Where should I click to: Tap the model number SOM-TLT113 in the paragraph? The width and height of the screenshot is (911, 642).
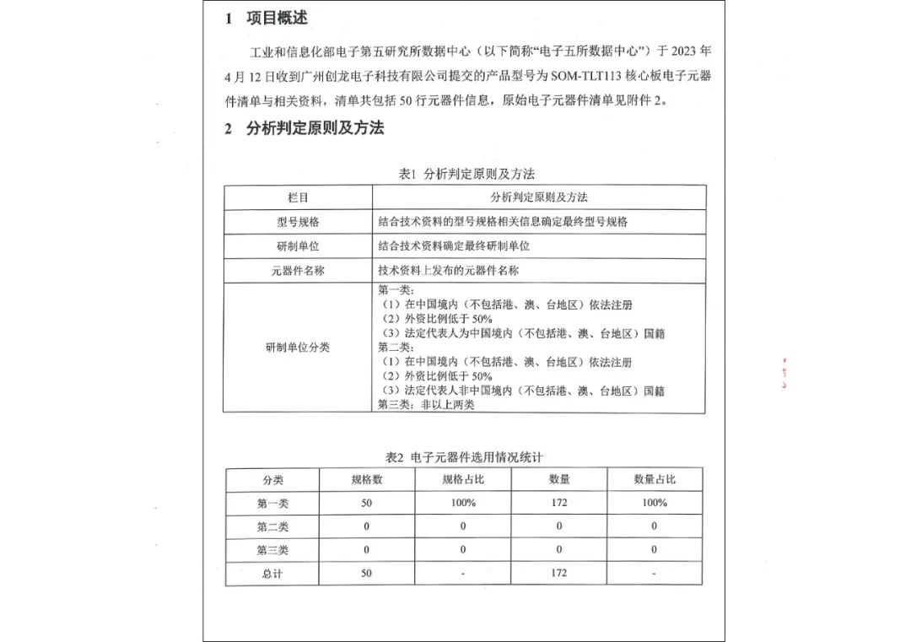pyautogui.click(x=586, y=76)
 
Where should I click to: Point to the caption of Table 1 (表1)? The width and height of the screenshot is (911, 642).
pyautogui.click(x=466, y=174)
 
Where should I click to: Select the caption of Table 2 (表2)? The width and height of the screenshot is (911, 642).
pyautogui.click(x=464, y=456)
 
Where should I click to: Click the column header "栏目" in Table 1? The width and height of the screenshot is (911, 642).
pyautogui.click(x=298, y=197)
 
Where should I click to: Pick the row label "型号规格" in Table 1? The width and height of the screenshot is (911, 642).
pyautogui.click(x=298, y=222)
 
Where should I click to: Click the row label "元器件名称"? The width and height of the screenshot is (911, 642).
pyautogui.click(x=298, y=271)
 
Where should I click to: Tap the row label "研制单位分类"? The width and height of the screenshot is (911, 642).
pyautogui.click(x=298, y=348)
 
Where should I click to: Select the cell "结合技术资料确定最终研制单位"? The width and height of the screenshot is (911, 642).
pyautogui.click(x=454, y=246)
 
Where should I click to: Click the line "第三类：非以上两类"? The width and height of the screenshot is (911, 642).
pyautogui.click(x=427, y=405)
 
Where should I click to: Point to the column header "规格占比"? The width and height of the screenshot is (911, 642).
pyautogui.click(x=463, y=479)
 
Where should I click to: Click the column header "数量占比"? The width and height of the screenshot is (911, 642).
pyautogui.click(x=655, y=479)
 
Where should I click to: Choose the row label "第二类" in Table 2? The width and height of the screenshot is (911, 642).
pyautogui.click(x=272, y=526)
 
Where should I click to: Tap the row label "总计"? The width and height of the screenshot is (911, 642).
pyautogui.click(x=272, y=574)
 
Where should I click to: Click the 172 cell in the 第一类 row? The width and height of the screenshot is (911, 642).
pyautogui.click(x=558, y=503)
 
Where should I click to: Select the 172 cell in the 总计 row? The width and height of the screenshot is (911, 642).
pyautogui.click(x=558, y=574)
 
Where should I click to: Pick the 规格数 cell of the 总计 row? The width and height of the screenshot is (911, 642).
pyautogui.click(x=366, y=574)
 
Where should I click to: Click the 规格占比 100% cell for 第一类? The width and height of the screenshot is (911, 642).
pyautogui.click(x=463, y=503)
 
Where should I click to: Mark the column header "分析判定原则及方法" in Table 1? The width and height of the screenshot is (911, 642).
pyautogui.click(x=539, y=197)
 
